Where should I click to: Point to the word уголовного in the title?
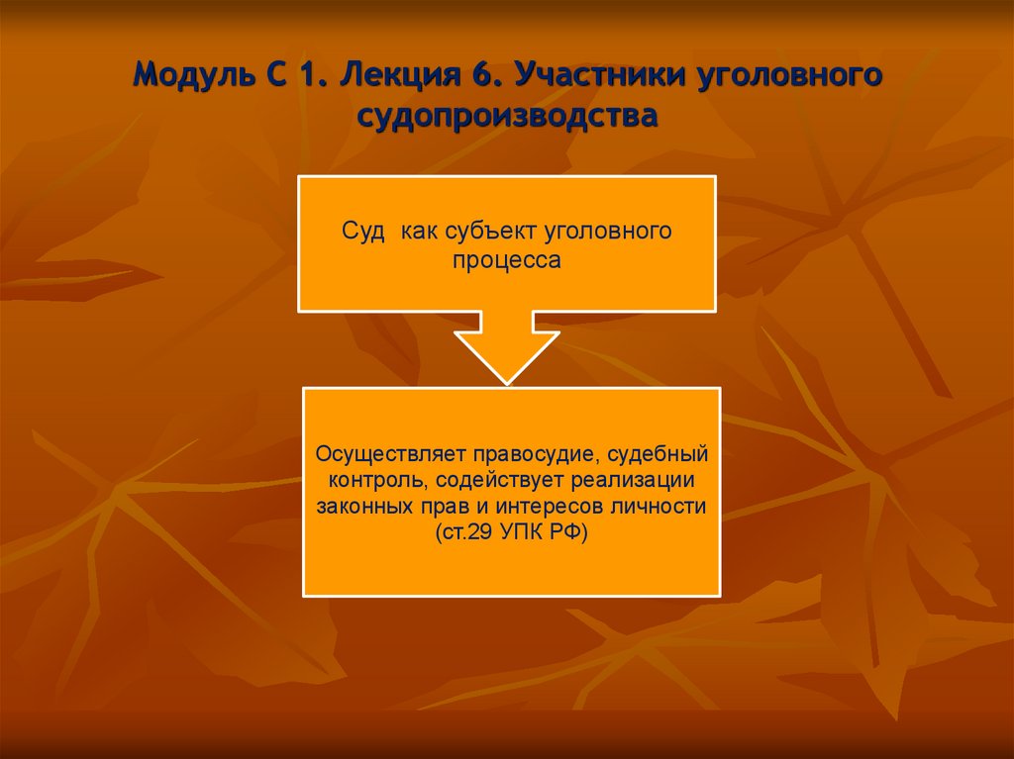(793, 75)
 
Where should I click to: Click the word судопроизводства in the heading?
(507, 117)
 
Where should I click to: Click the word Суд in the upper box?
(361, 232)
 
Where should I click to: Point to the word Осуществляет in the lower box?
(390, 454)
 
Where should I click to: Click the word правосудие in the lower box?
(536, 454)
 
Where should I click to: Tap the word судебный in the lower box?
(659, 454)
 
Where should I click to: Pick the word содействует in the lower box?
(499, 480)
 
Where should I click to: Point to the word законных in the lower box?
(363, 506)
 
